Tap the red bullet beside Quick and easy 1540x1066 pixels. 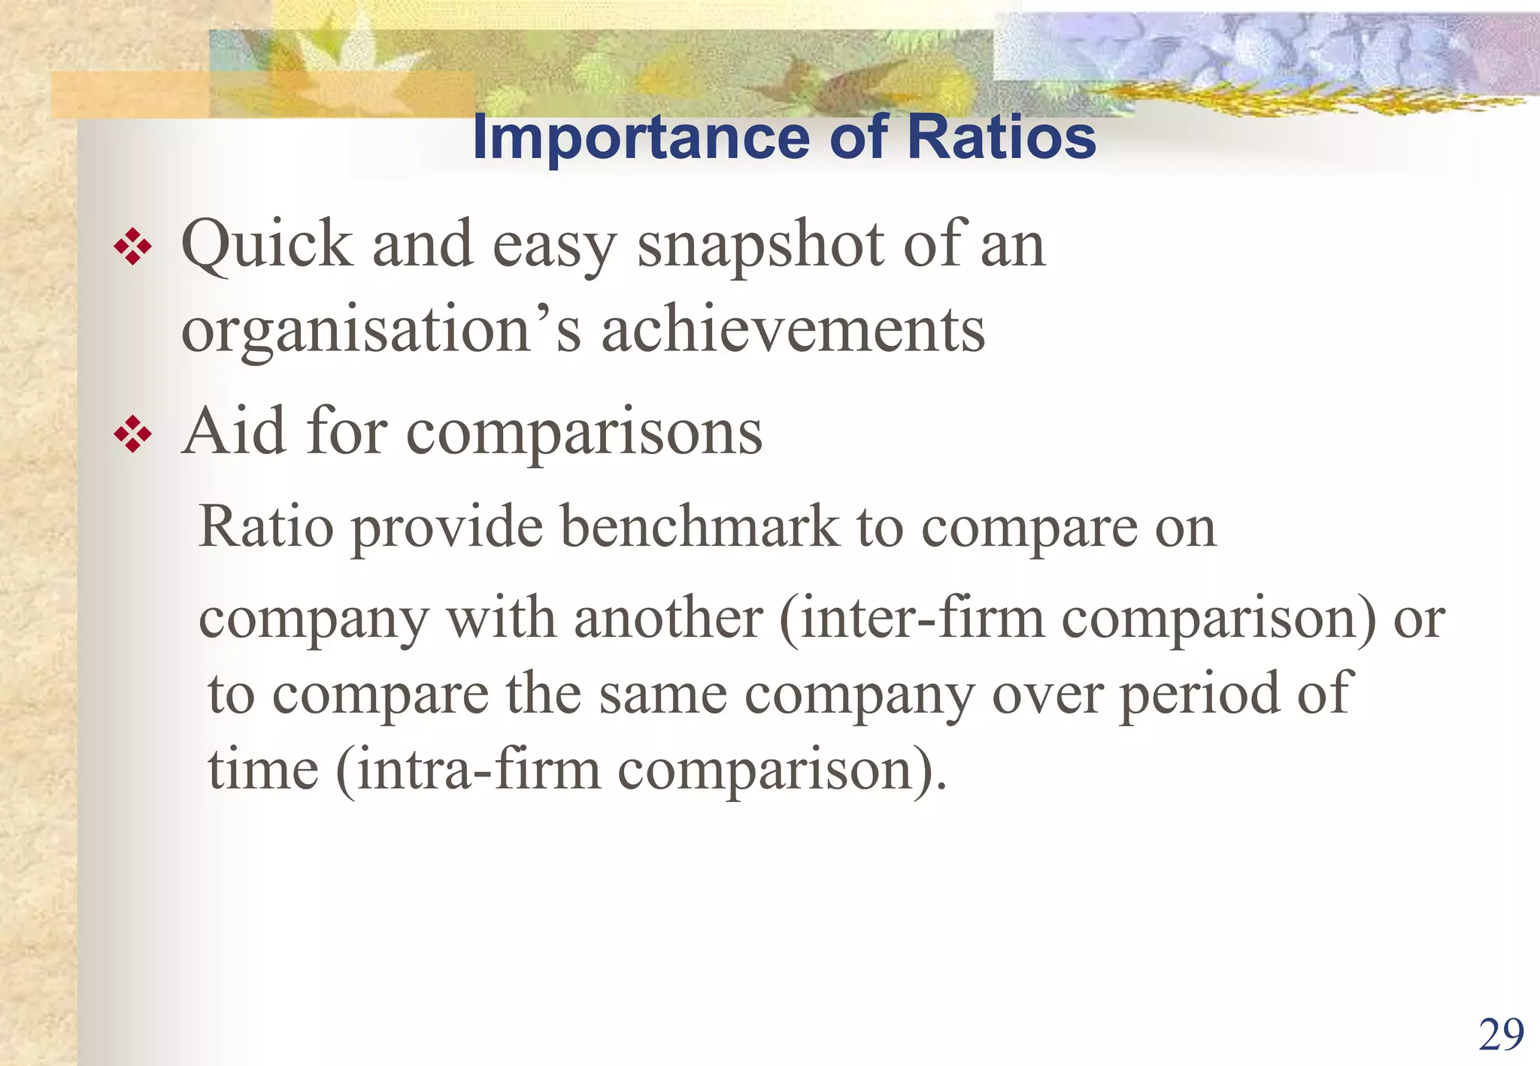[x=132, y=247]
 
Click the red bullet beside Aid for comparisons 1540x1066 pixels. [x=132, y=434]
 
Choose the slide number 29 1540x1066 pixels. [x=1501, y=1035]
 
